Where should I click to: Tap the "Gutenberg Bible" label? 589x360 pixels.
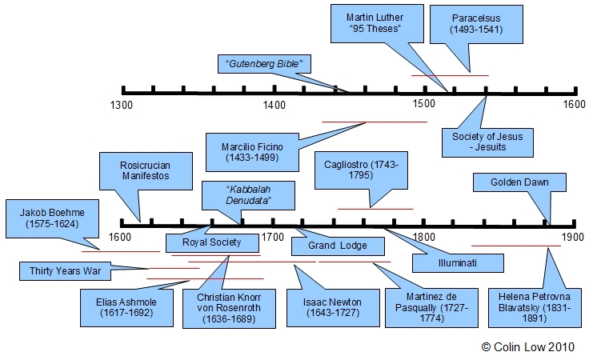(x=264, y=63)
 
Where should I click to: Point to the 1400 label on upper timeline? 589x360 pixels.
(x=274, y=104)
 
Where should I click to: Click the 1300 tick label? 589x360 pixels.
(x=122, y=104)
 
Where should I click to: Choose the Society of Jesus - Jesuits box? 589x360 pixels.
(x=487, y=142)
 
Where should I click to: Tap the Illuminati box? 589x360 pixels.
(x=459, y=262)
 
